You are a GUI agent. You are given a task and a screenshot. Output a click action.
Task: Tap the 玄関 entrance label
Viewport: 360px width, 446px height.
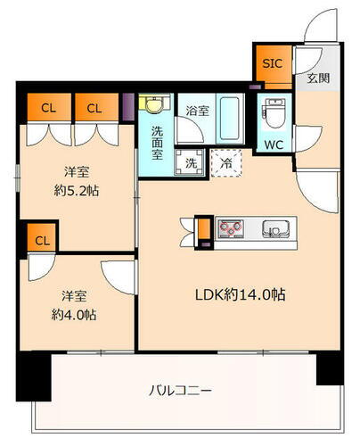[318, 78]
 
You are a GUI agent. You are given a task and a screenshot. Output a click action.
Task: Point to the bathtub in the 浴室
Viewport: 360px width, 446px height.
[229, 117]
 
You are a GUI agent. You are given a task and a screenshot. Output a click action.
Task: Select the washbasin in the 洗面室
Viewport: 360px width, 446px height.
[154, 106]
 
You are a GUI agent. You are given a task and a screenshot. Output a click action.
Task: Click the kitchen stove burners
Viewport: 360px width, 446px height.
[233, 229]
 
